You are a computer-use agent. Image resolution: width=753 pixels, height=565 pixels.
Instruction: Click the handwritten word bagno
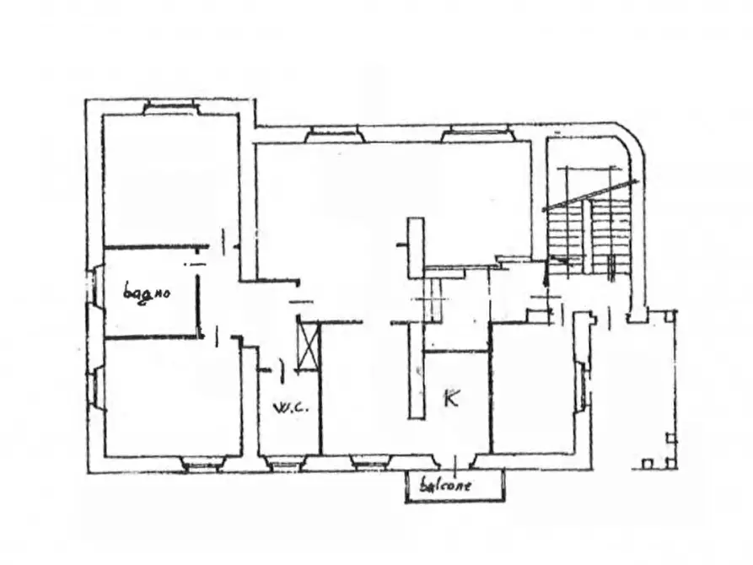(x=147, y=293)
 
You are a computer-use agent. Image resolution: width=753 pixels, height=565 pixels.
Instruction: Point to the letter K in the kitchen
(x=451, y=398)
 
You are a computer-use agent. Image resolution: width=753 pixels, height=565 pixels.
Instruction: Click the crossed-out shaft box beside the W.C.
(x=309, y=343)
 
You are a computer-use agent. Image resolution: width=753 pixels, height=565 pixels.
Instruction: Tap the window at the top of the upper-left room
(x=170, y=108)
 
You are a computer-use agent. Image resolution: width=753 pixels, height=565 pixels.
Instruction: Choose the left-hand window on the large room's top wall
(x=334, y=132)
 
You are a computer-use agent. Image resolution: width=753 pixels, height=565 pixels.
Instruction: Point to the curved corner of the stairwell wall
(x=631, y=144)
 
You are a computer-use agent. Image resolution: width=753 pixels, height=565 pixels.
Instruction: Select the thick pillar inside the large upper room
(x=415, y=247)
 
